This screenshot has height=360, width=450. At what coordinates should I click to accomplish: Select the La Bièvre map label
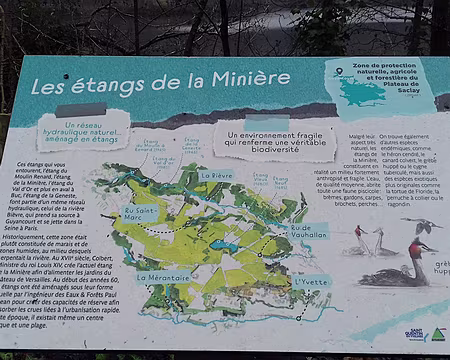(x=217, y=175)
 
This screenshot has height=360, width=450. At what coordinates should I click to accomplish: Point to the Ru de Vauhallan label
(x=308, y=230)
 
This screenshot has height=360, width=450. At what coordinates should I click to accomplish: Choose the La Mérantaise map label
(x=163, y=277)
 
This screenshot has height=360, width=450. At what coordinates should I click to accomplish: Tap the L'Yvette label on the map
(x=312, y=282)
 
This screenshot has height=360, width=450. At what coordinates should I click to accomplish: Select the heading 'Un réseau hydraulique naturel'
(x=83, y=132)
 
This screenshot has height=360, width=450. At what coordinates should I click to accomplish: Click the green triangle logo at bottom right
(x=437, y=334)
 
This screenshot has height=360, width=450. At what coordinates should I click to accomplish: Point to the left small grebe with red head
(x=358, y=232)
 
